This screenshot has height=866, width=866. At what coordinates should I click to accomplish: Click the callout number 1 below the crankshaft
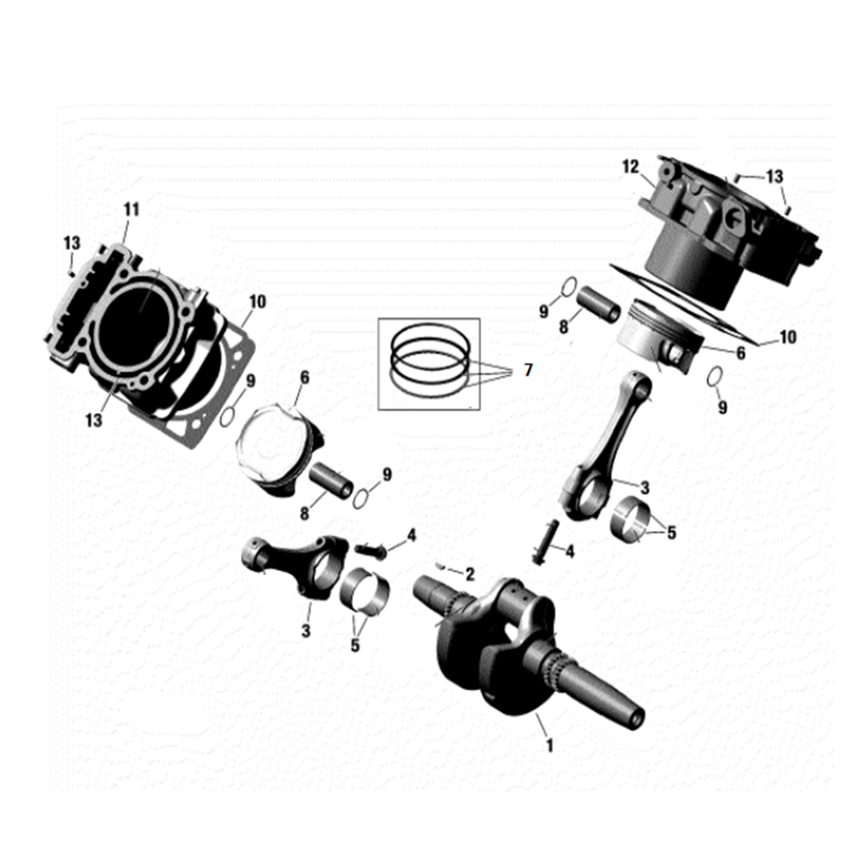click(549, 745)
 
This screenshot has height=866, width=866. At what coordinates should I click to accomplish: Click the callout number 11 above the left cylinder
click(131, 210)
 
